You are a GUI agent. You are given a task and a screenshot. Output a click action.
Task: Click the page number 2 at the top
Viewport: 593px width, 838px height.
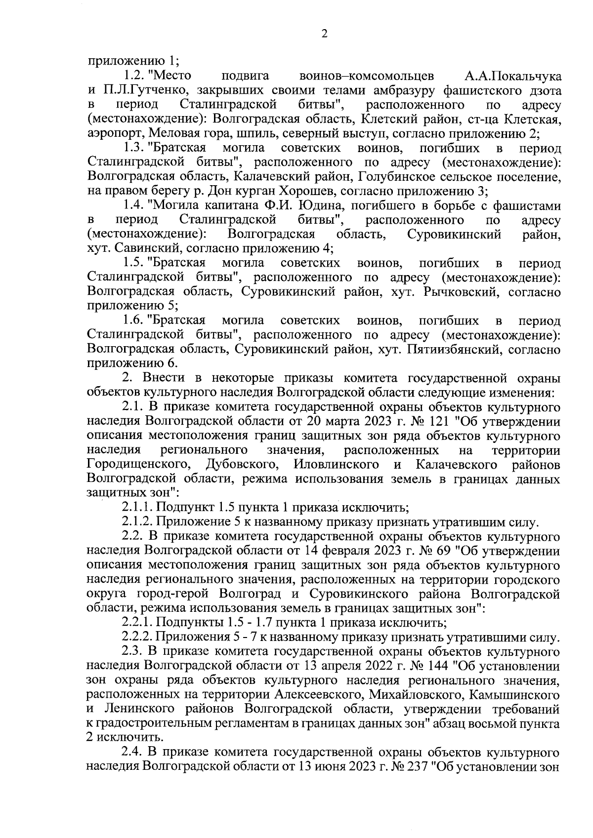[x=324, y=34]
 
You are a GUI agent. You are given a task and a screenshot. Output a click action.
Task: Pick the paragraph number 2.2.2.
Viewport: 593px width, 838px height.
[x=139, y=637]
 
